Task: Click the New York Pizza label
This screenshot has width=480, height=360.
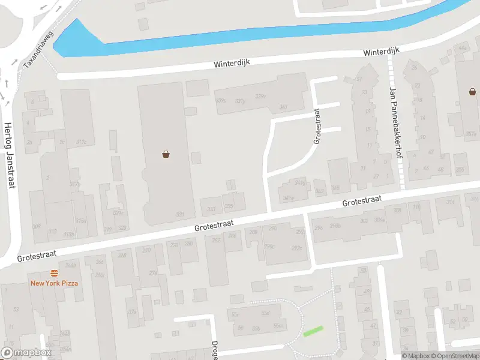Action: coord(54,283)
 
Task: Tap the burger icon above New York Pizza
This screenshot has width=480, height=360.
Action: coord(54,273)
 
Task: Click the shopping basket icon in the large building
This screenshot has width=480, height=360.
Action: coord(166,154)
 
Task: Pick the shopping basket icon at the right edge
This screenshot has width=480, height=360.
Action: coord(473,92)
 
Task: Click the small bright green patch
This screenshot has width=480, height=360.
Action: coord(313,331)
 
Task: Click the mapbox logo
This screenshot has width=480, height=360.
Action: coord(26,353)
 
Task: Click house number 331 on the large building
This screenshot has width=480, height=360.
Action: coord(180,214)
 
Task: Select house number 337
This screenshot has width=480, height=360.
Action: coord(211,209)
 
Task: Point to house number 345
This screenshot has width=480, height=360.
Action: coord(335,188)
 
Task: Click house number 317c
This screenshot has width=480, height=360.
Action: coord(81,142)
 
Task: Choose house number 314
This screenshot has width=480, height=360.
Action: coord(450,202)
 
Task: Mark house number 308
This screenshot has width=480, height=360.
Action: coord(397,210)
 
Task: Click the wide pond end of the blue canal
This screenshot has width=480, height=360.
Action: coord(74,39)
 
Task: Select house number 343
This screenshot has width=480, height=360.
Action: coord(319,191)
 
